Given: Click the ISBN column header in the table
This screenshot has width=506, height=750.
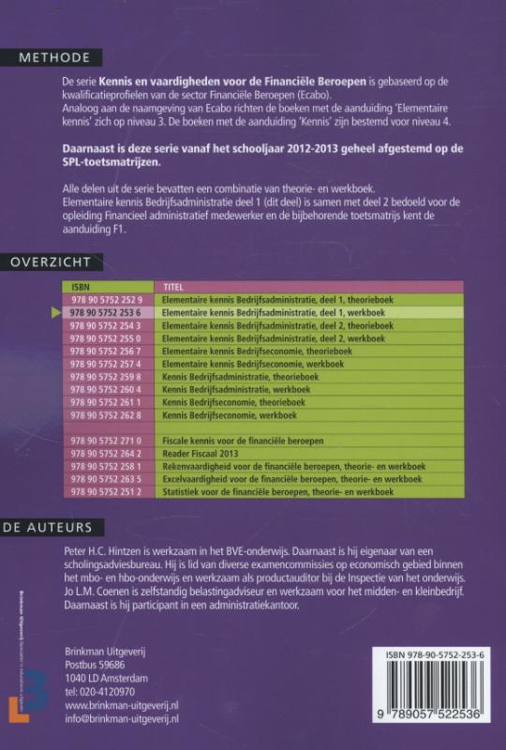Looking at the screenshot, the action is (x=81, y=287).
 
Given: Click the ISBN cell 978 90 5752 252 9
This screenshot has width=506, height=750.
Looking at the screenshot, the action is (x=106, y=300).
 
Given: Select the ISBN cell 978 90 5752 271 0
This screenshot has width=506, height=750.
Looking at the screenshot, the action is (x=106, y=440).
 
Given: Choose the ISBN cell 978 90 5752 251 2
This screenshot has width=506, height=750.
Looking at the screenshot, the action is (x=106, y=491).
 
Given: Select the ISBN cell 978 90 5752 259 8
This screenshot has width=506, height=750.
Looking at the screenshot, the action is (x=106, y=375).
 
